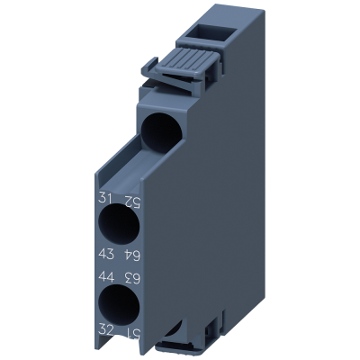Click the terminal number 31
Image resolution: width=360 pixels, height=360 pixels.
(105, 198)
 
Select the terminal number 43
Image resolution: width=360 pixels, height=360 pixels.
(106, 255)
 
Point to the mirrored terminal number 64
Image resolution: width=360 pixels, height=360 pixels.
(132, 256)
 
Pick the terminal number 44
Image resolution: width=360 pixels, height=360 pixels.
(106, 276)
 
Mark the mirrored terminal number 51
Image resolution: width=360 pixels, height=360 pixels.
(132, 332)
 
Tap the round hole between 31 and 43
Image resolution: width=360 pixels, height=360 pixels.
(119, 225)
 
